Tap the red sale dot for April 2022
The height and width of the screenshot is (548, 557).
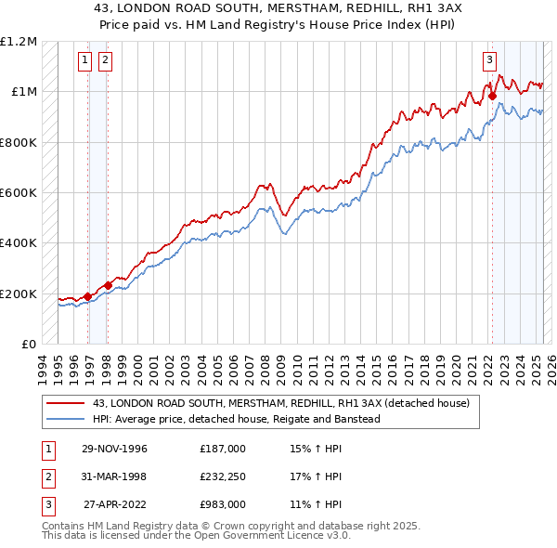[492, 94]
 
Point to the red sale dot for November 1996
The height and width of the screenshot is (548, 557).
[88, 296]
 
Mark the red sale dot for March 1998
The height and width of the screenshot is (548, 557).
[109, 285]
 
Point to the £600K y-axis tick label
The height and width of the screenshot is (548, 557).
[19, 193]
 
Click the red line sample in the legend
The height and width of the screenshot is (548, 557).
[64, 404]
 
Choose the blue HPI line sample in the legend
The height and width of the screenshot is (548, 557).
[64, 419]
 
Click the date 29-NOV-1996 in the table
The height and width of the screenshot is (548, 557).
[115, 449]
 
